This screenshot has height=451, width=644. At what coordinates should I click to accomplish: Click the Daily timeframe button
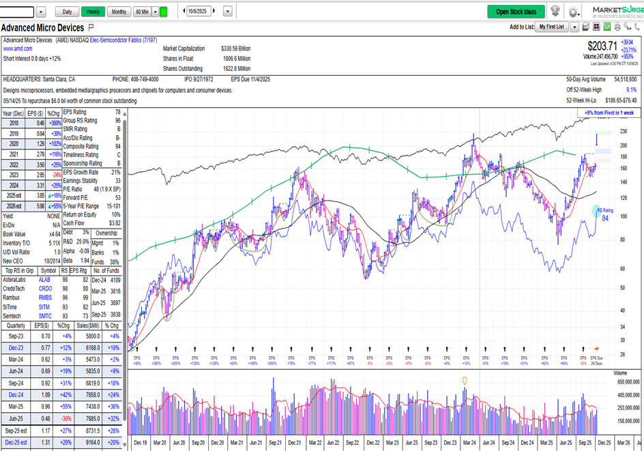click(x=67, y=12)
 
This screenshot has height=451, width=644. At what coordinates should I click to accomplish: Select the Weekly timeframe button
click(x=93, y=12)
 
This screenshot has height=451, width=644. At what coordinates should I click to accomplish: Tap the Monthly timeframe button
click(x=119, y=12)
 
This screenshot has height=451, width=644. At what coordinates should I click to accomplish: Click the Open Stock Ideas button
click(x=516, y=12)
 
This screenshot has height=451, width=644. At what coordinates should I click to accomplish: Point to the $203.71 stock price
click(x=602, y=46)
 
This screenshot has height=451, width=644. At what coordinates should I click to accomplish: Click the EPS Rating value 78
click(x=117, y=112)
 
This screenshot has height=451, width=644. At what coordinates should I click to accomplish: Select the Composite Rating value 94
click(x=117, y=146)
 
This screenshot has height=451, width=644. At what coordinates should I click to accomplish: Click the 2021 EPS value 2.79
click(x=40, y=155)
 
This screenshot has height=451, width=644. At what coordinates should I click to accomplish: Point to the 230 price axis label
click(x=624, y=131)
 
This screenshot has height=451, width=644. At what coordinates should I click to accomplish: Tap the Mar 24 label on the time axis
click(x=469, y=443)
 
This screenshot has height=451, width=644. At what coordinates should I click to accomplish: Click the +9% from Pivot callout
click(x=609, y=113)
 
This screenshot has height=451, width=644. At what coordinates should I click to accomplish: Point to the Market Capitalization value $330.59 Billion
click(x=236, y=48)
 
